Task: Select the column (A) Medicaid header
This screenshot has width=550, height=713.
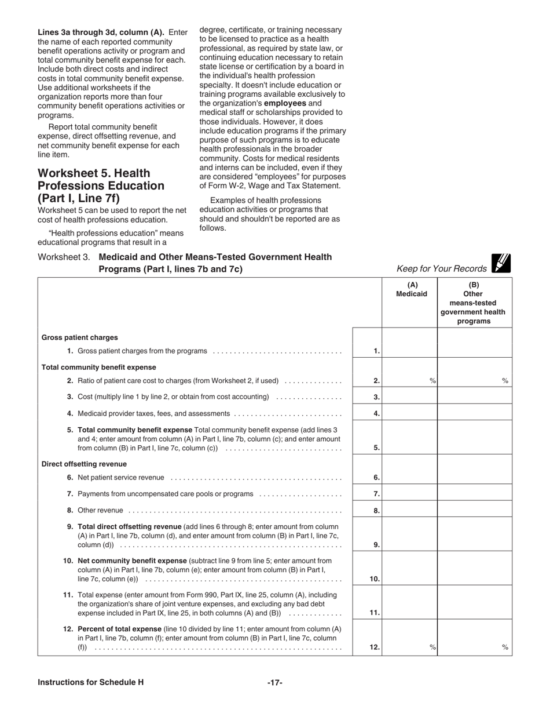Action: coord(412,289)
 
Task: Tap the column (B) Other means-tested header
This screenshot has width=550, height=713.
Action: coord(474,303)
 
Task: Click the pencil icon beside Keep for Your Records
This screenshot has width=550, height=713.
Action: coord(501,264)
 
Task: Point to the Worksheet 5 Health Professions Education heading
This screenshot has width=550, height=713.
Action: coord(101,185)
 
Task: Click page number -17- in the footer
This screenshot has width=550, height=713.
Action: coord(274,682)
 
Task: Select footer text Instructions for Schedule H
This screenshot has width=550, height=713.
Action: coord(90,682)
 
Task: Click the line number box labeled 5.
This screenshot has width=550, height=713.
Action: coord(367,448)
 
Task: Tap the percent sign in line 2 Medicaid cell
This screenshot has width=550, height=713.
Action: coord(432,381)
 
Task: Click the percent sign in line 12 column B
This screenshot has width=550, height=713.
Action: coord(505,647)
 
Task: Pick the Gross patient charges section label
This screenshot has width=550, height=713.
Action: coord(79,337)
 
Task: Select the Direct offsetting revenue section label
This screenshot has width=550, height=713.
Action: coord(84,464)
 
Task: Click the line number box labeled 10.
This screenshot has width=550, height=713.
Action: coord(367,579)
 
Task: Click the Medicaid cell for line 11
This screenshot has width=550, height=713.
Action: coord(409,603)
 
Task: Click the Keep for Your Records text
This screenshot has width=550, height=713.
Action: coord(442,268)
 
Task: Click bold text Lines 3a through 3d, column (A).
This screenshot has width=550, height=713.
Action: coord(101,32)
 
